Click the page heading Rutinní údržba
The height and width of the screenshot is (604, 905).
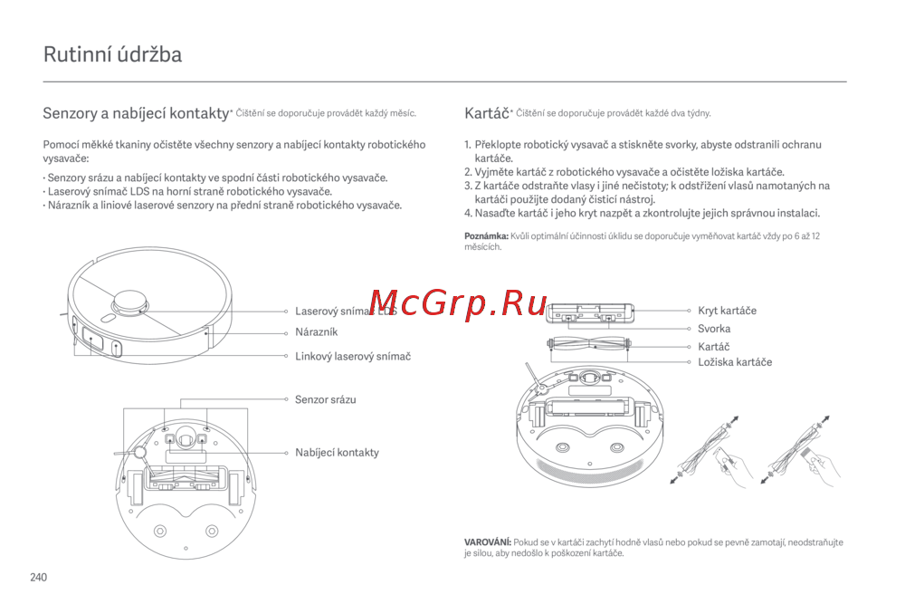(112, 54)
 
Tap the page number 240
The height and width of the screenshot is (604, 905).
(39, 577)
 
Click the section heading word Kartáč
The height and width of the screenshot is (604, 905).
(487, 112)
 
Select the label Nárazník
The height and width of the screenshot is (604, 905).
(316, 332)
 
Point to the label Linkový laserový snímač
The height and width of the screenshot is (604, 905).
(353, 356)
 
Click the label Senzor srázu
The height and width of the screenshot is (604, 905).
(326, 399)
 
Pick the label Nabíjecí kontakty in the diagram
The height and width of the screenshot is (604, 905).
(337, 452)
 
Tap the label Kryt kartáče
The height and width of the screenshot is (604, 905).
(727, 310)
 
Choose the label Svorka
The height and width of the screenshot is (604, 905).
(714, 329)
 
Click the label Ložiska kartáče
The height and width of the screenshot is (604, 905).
(735, 362)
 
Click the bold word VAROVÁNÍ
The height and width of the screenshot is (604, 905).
(488, 542)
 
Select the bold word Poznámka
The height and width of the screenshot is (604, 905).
(487, 235)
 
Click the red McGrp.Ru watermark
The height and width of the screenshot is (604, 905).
(458, 302)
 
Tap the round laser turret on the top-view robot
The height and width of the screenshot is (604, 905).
(129, 303)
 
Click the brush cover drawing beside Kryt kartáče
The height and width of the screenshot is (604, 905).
(590, 312)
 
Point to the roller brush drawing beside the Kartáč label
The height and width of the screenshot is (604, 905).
(589, 345)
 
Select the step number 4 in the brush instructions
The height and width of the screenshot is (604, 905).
(468, 213)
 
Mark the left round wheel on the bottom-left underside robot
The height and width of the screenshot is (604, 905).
(160, 531)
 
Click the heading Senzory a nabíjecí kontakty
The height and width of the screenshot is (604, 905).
(137, 113)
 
